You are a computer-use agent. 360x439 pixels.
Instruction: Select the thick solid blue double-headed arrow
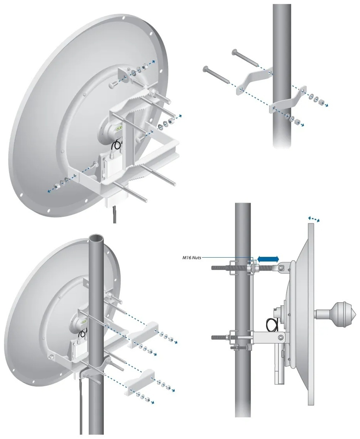[x=269, y=259]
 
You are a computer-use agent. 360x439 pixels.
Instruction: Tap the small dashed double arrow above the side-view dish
[x=314, y=219]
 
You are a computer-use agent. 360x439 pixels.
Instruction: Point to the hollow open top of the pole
[x=96, y=239]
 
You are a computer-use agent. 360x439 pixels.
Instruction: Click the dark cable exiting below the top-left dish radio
[x=115, y=214]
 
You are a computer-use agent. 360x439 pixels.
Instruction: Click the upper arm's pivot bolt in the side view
[x=282, y=267]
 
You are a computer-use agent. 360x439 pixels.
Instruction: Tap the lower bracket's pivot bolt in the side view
[x=280, y=336]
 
